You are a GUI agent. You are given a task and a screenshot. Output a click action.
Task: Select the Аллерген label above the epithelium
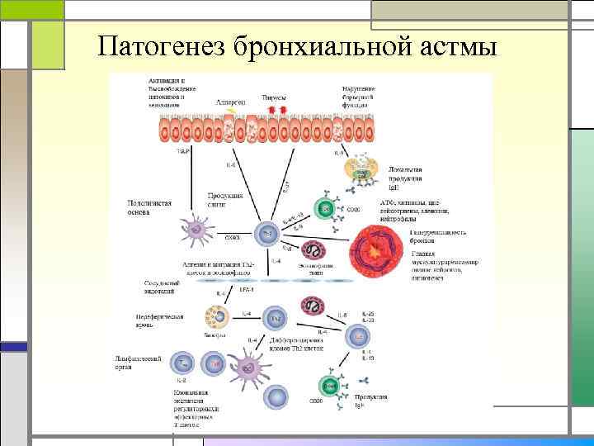(x=232, y=101)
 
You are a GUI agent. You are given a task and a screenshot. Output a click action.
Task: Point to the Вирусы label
(x=275, y=96)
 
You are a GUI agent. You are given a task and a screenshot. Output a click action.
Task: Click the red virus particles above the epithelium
(x=275, y=109)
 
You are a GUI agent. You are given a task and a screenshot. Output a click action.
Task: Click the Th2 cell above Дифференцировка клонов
(x=276, y=317)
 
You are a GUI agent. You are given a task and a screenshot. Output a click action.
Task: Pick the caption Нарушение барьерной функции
(x=359, y=94)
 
